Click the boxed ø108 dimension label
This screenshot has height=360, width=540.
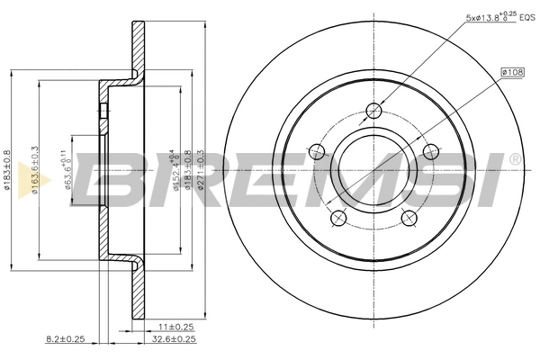512,70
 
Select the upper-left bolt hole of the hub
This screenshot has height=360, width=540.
317,151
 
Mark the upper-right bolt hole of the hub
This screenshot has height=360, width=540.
430,151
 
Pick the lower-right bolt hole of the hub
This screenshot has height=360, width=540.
408,218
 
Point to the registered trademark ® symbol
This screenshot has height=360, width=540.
514,159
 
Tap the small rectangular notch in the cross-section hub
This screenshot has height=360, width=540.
102,112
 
